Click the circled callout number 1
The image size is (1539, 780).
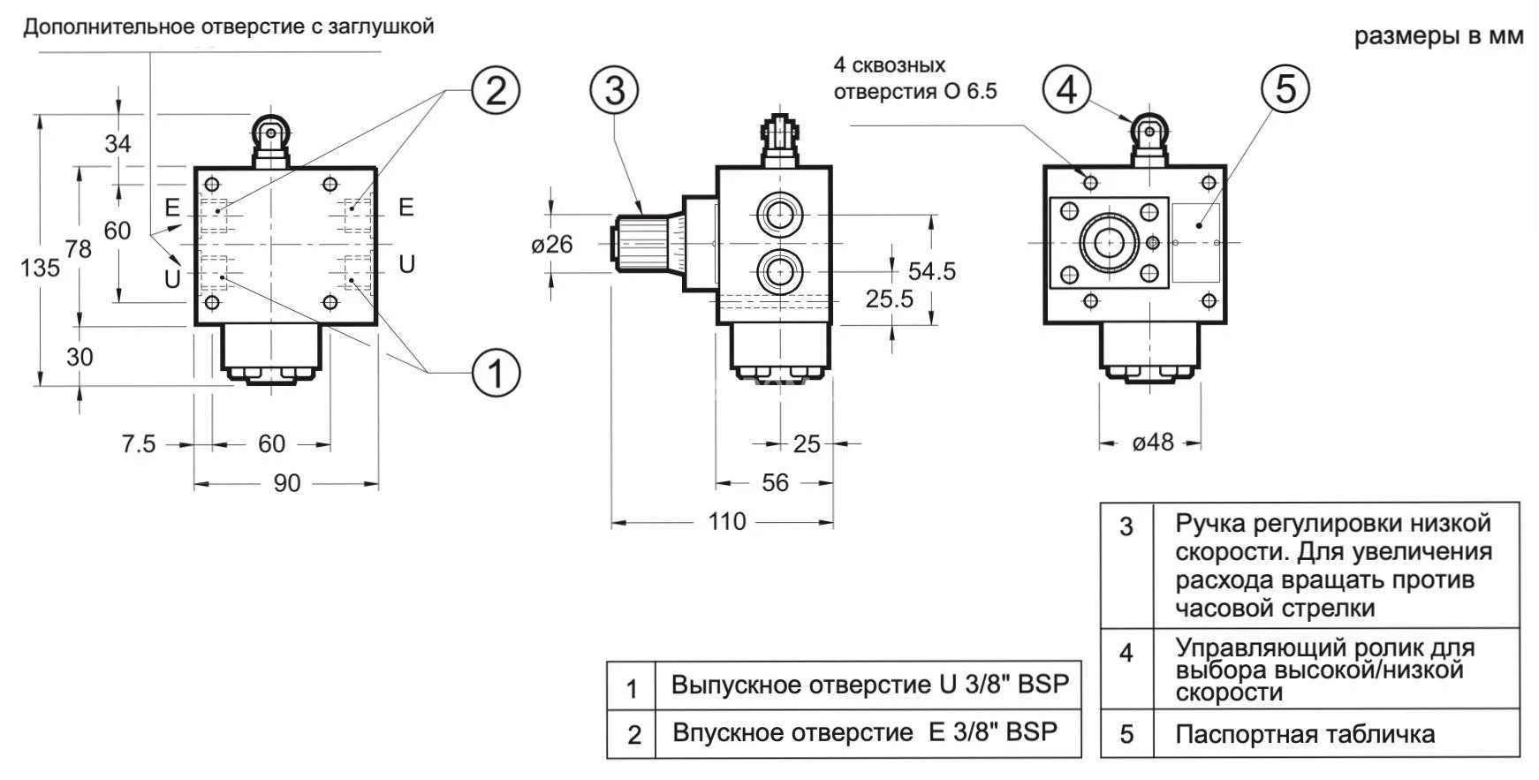pyautogui.click(x=496, y=373)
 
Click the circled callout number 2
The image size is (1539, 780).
pyautogui.click(x=496, y=90)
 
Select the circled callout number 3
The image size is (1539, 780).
pyautogui.click(x=615, y=90)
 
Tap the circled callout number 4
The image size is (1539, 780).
pyautogui.click(x=1066, y=89)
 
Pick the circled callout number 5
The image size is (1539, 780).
pyautogui.click(x=1285, y=89)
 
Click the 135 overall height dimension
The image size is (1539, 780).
pyautogui.click(x=40, y=267)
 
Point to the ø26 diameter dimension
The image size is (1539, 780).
pyautogui.click(x=552, y=244)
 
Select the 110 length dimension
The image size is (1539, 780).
pyautogui.click(x=727, y=522)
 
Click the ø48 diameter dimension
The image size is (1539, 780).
pyautogui.click(x=1152, y=442)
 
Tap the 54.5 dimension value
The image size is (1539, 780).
pyautogui.click(x=932, y=271)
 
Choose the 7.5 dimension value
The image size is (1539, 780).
pyautogui.click(x=139, y=443)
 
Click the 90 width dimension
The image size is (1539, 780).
pyautogui.click(x=286, y=483)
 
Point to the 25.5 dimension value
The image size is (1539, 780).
pyautogui.click(x=889, y=299)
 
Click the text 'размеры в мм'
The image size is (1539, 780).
pyautogui.click(x=1439, y=36)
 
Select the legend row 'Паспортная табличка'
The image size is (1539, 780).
pyautogui.click(x=1305, y=734)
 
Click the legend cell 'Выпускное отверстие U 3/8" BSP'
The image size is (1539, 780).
pyautogui.click(x=869, y=685)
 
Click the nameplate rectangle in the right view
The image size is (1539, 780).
pyautogui.click(x=1196, y=243)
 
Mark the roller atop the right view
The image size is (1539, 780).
pyautogui.click(x=1149, y=132)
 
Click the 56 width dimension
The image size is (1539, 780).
pyautogui.click(x=775, y=482)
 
